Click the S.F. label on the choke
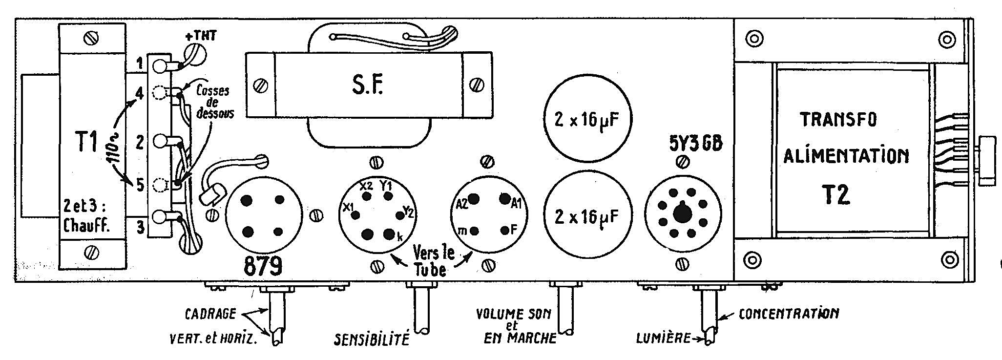pyautogui.click(x=367, y=85)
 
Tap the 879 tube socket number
pyautogui.click(x=263, y=266)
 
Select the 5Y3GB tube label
pyautogui.click(x=694, y=145)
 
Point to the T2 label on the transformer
pyautogui.click(x=835, y=194)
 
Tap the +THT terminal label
pyautogui.click(x=201, y=36)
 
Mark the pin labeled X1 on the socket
pyautogui.click(x=356, y=214)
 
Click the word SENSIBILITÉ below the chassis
pyautogui.click(x=371, y=339)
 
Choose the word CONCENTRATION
pyautogui.click(x=789, y=313)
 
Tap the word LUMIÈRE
pyautogui.click(x=663, y=338)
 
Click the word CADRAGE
pyautogui.click(x=210, y=314)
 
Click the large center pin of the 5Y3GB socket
pyautogui.click(x=682, y=213)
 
